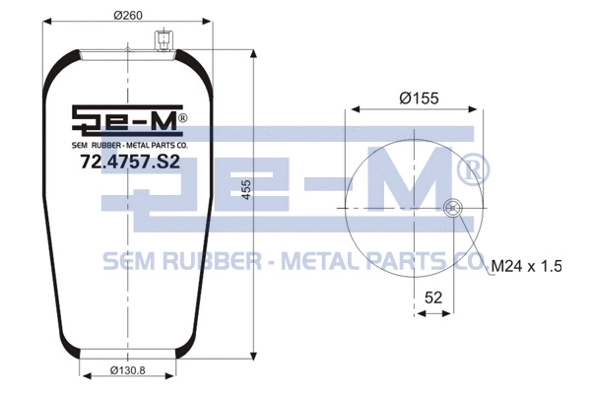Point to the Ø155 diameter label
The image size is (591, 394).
point(418,98)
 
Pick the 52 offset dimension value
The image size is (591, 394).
point(431,296)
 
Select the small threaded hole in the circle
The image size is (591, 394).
point(452,207)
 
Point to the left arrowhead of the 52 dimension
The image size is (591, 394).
point(418,313)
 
